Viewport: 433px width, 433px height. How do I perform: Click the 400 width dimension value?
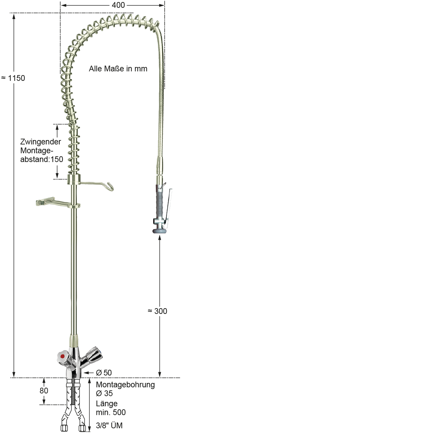pos(118,5)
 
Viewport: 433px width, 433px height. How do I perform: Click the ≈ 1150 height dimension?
pos(13,78)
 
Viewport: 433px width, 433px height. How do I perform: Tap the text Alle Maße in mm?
pos(118,69)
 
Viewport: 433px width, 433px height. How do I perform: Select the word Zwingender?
pos(41,142)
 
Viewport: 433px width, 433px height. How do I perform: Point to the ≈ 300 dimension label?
pos(157,311)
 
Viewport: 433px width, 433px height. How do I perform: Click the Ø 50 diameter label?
pos(104,372)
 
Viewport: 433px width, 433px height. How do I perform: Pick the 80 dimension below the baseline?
pos(44,391)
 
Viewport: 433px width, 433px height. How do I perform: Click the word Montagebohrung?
pos(125,385)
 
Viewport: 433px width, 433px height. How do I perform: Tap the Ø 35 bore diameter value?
pos(104,393)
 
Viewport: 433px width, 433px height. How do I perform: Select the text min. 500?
pos(111,412)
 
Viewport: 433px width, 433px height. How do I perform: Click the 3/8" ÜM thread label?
pos(109,426)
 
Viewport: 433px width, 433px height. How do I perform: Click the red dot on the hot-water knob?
pos(62,356)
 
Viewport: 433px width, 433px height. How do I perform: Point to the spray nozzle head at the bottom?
pos(160,230)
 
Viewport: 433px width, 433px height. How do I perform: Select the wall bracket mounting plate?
pos(40,203)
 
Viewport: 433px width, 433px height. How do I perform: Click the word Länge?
pos(107,404)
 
